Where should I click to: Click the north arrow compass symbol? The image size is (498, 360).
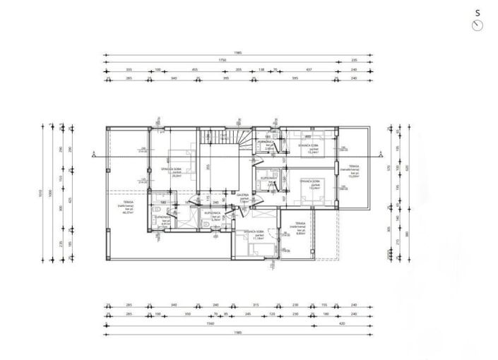tap(477, 25)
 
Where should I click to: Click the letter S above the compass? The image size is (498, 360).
tap(478, 13)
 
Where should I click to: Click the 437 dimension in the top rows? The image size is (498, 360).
tap(309, 70)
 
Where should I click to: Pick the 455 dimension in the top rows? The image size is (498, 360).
tap(194, 70)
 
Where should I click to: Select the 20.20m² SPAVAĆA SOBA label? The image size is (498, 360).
tap(174, 174)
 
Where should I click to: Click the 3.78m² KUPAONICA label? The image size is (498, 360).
tap(213, 216)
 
